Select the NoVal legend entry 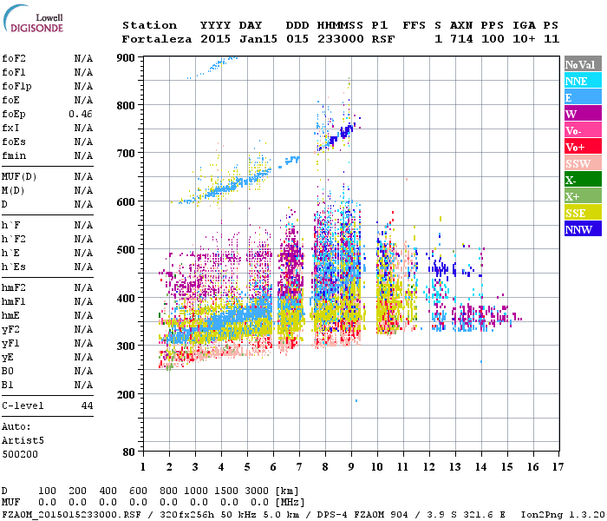point(580,64)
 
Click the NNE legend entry point(580,81)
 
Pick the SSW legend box point(580,163)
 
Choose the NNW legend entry point(580,229)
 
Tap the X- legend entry point(580,180)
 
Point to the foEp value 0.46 point(81,114)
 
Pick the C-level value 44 point(87,406)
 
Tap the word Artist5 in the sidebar point(23,440)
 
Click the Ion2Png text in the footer point(540,513)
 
